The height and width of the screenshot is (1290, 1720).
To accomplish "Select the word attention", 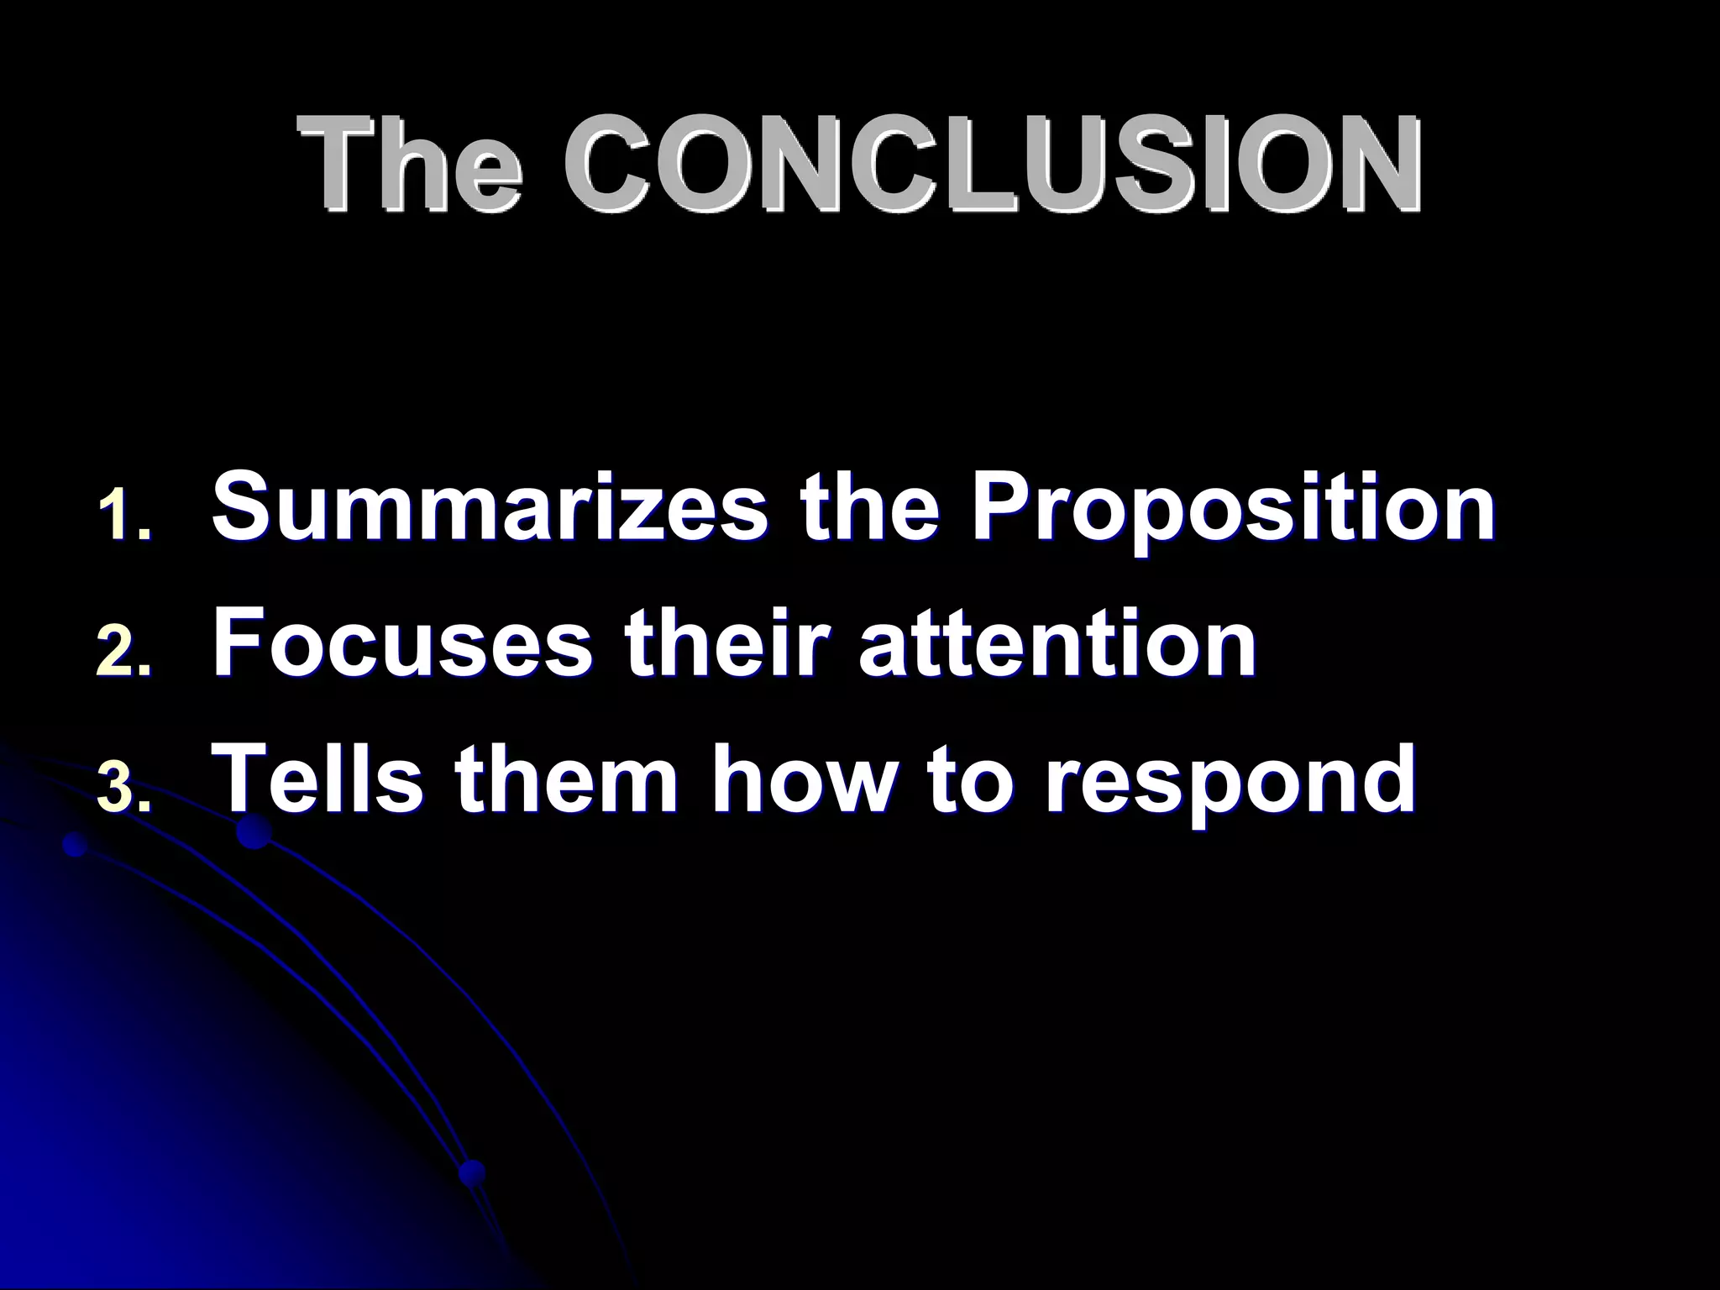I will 1057,643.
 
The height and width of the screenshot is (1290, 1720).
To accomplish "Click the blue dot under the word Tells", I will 253,833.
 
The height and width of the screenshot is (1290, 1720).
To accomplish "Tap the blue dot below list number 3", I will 76,844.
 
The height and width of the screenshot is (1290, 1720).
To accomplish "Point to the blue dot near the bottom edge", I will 473,1170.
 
